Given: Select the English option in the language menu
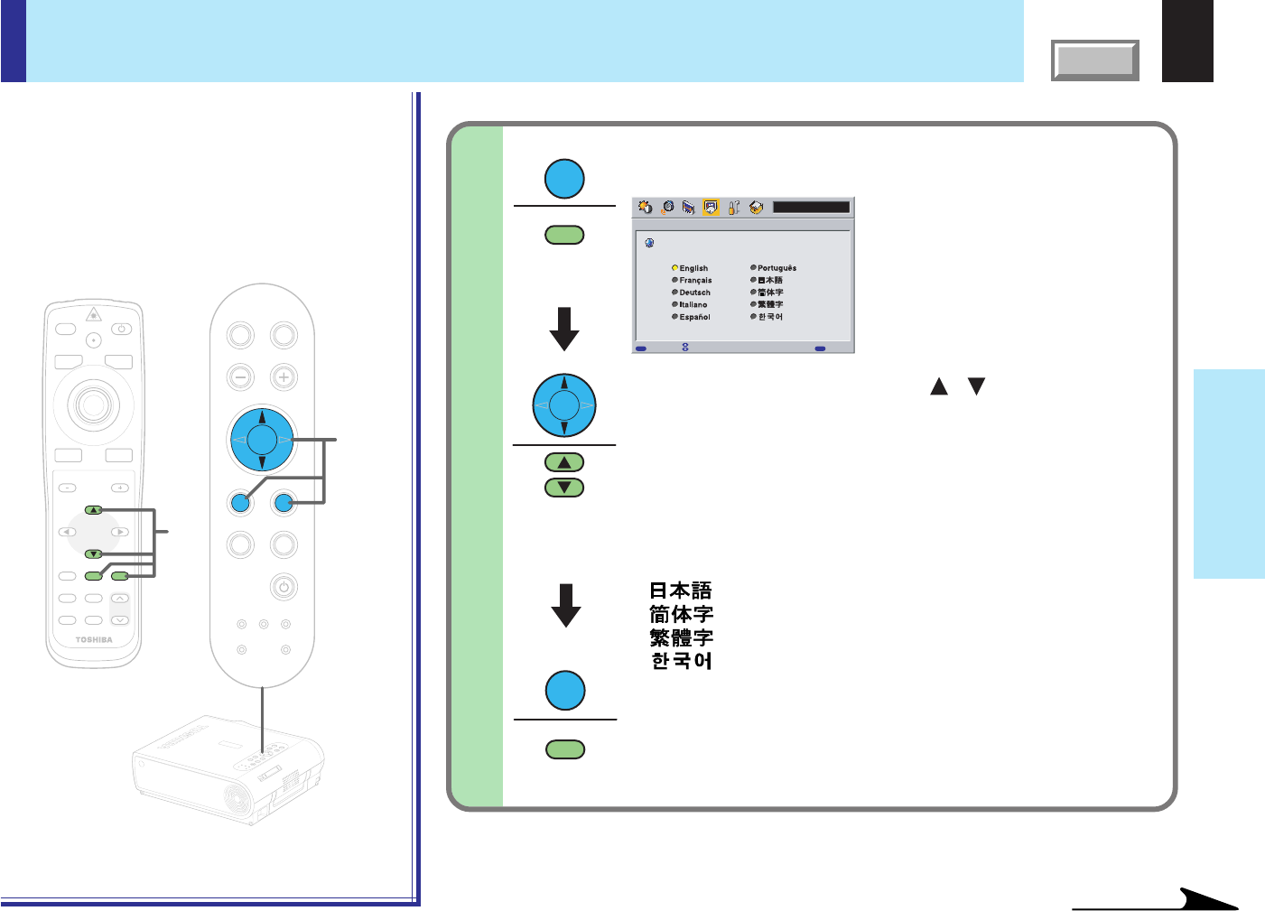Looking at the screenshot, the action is pos(693,268).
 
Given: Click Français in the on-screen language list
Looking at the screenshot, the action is pos(694,281).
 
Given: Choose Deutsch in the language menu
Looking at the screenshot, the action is pos(693,293).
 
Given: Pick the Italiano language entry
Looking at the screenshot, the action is pos(693,305).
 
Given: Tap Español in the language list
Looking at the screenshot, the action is pos(693,317).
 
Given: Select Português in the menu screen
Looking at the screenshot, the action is pos(776,268).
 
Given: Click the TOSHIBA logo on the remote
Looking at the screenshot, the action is pos(94,640).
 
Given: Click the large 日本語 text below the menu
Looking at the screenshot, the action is pos(681,590).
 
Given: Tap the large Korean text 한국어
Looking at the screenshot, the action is pos(682,661).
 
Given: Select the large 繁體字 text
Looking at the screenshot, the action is pos(682,637).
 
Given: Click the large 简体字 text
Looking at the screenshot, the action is pos(682,614).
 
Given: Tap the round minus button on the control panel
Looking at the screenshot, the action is pos(240,376).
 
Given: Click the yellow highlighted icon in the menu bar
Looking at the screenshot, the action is pos(711,208).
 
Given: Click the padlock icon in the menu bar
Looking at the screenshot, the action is pos(734,208).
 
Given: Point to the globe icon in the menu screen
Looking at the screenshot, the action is pos(649,243).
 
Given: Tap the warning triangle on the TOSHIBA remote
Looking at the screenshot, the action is pos(93,315).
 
